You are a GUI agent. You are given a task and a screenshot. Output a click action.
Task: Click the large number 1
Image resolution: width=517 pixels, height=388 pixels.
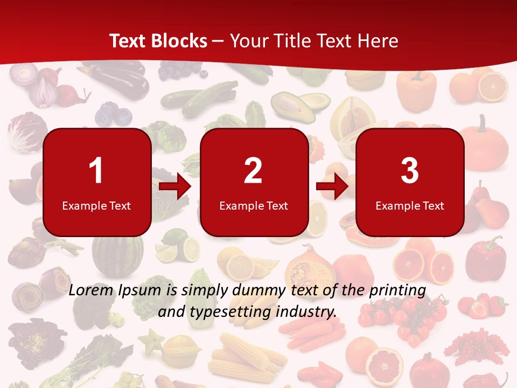[96, 171]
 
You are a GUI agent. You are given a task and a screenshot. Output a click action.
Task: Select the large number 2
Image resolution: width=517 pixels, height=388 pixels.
[253, 171]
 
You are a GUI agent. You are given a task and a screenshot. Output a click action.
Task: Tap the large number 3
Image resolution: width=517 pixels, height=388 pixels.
[410, 171]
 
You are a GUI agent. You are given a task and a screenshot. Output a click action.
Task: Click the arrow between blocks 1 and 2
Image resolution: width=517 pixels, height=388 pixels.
[176, 186]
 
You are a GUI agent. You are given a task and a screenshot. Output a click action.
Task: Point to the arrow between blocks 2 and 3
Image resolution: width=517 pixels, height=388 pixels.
[332, 186]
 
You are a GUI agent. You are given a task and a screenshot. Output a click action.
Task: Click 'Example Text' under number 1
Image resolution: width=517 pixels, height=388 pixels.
[96, 205]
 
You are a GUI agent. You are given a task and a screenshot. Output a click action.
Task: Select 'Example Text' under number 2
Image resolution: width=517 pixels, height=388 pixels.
[254, 205]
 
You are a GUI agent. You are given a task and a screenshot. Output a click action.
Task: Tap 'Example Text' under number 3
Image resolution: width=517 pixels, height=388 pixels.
[410, 205]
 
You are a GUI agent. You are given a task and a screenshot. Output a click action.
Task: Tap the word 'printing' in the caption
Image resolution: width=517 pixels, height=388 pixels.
[397, 290]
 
